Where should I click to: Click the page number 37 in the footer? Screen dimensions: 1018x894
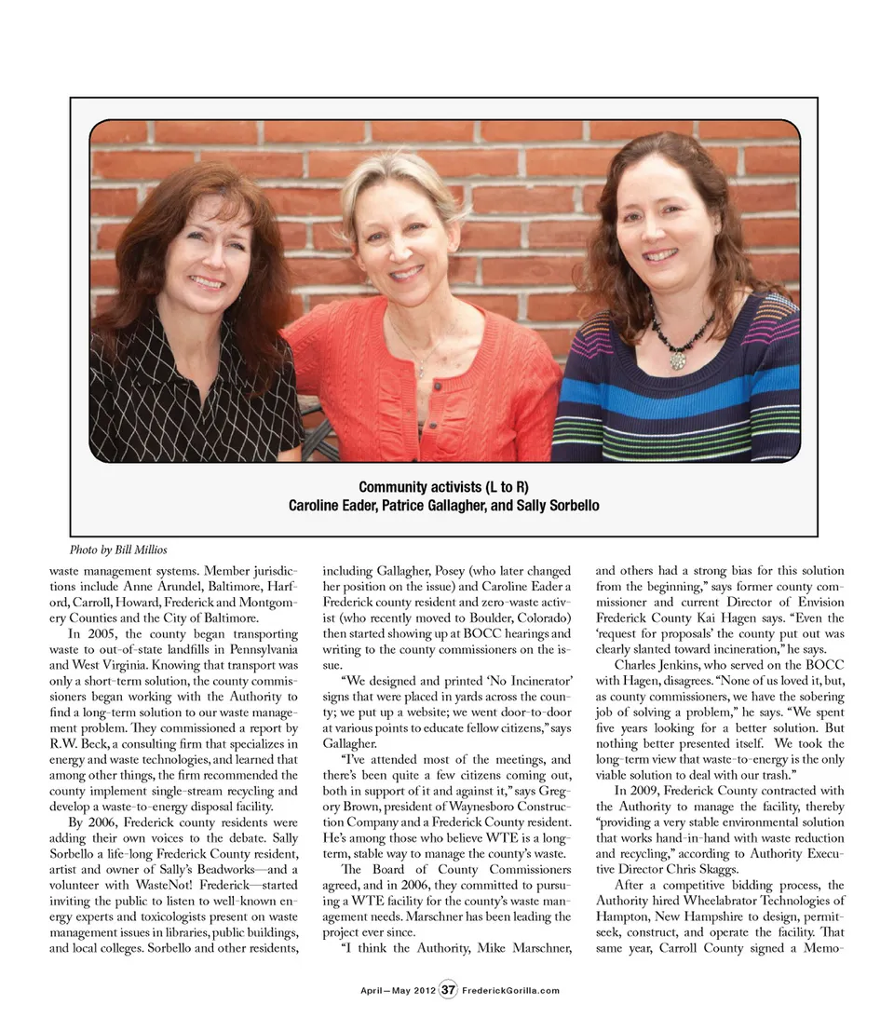pyautogui.click(x=448, y=989)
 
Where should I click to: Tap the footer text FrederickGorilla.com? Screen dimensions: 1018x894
pyautogui.click(x=511, y=990)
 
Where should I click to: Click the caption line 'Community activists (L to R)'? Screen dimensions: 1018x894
pyautogui.click(x=443, y=488)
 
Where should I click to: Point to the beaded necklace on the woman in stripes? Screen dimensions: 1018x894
pyautogui.click(x=682, y=339)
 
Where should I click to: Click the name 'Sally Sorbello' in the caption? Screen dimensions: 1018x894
pyautogui.click(x=556, y=506)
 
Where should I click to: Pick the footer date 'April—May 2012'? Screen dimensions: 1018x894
pyautogui.click(x=398, y=990)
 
